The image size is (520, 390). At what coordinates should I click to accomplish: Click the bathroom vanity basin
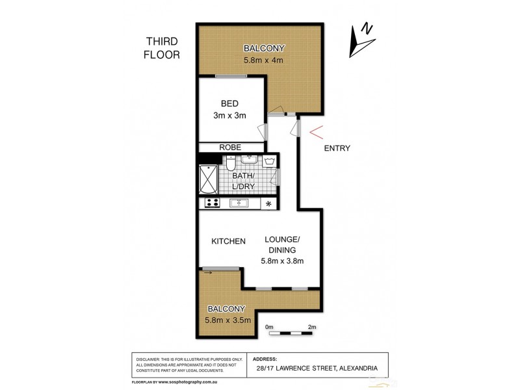(249, 160)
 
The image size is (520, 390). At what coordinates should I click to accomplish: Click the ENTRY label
(337, 148)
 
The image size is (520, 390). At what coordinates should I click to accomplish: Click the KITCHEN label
(228, 241)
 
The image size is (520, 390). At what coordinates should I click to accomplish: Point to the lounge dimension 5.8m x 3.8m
(282, 261)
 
